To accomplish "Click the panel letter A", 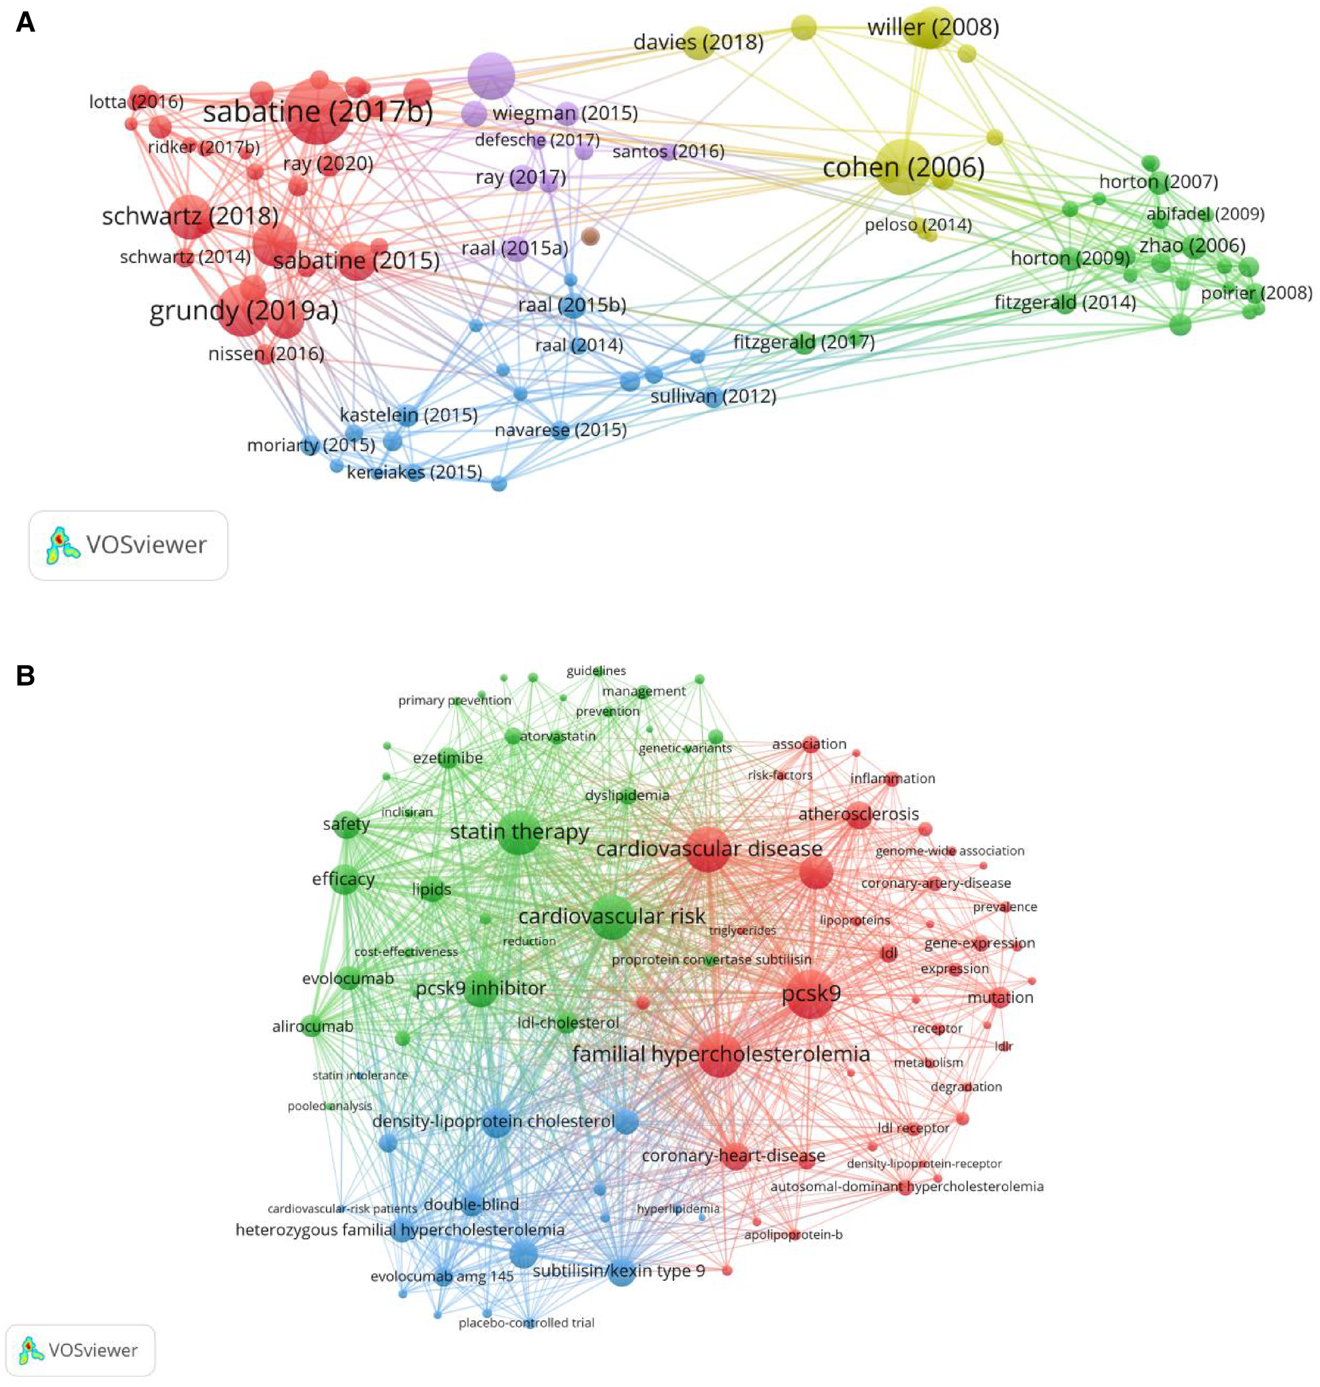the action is click(25, 22).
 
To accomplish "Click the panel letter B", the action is click(25, 675).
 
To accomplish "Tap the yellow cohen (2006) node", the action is click(903, 168).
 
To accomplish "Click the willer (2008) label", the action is click(933, 27).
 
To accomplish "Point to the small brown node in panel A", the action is click(590, 236).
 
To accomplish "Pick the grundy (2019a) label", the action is click(244, 311).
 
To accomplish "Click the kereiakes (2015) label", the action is click(415, 471).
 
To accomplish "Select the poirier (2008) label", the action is click(1256, 293).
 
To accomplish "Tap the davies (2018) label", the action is click(698, 42).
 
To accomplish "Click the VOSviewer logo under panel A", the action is click(128, 545).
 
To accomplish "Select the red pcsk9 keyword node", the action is click(810, 994).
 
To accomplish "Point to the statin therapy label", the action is click(519, 832).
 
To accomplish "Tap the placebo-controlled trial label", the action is click(526, 1323).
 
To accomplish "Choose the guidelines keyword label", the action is click(596, 671).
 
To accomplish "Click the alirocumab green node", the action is click(314, 1027).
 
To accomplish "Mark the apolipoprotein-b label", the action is click(793, 1234).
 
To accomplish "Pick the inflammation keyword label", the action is click(892, 778).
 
